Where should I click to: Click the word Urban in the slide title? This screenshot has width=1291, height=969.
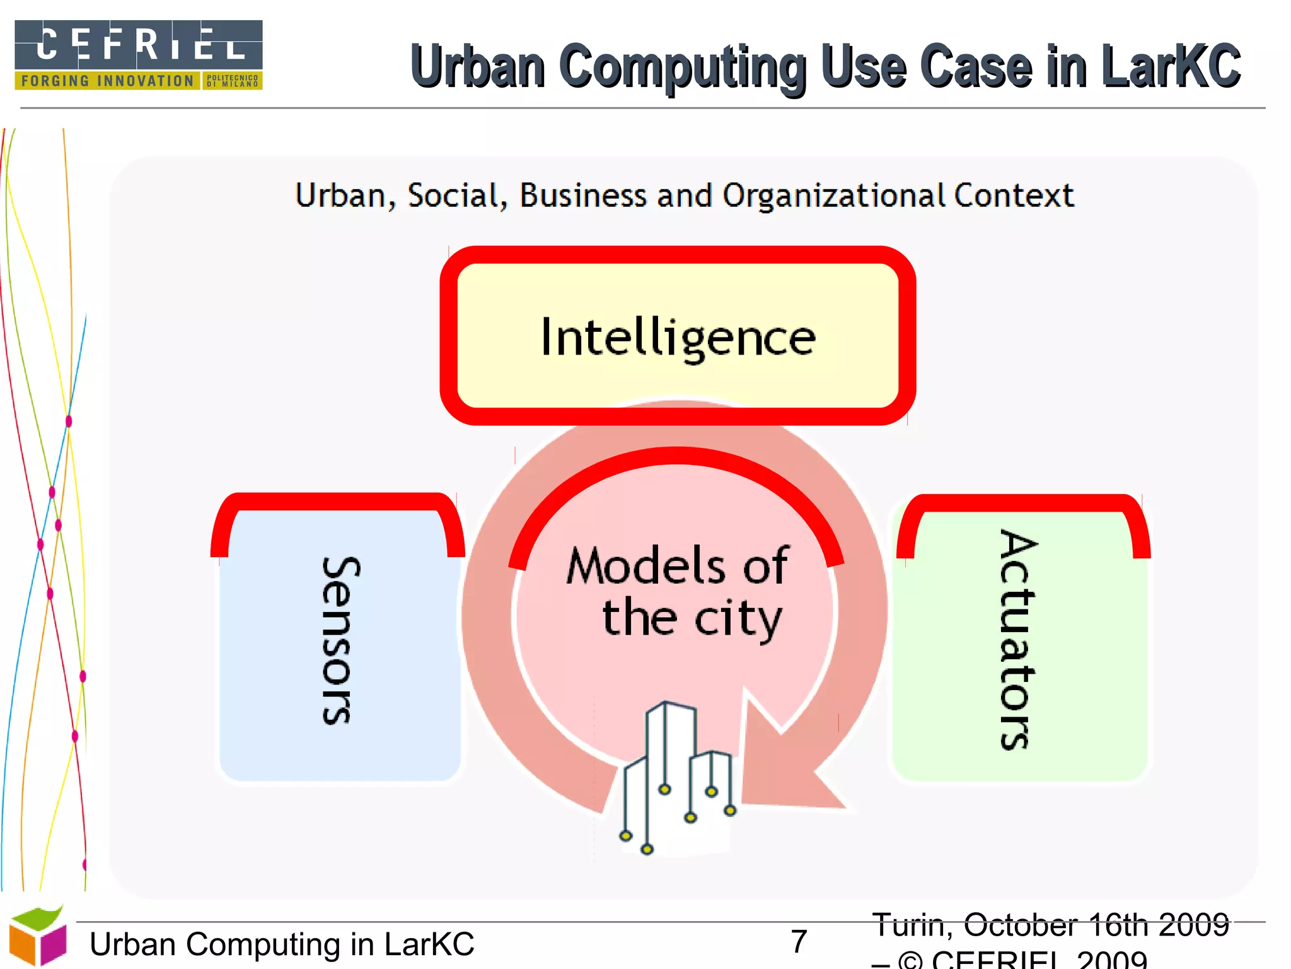tap(477, 66)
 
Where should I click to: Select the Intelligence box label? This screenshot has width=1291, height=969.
tap(678, 338)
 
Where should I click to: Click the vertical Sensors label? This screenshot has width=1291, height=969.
tap(340, 640)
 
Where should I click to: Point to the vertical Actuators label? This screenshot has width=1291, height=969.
tap(1017, 639)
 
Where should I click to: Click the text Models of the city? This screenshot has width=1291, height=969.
tap(678, 592)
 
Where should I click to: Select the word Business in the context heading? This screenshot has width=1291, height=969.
tap(582, 196)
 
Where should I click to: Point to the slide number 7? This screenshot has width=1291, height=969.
tap(799, 941)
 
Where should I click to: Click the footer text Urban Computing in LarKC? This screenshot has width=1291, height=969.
tap(282, 944)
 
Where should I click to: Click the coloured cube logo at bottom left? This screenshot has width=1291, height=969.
tap(38, 937)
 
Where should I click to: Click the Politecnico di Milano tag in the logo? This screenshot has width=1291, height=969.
tap(232, 81)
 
